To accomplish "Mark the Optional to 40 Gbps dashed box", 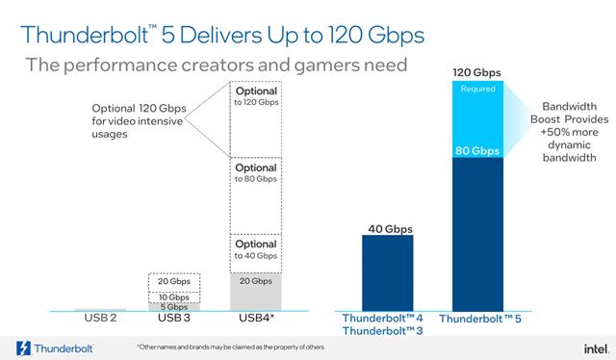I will (x=255, y=249).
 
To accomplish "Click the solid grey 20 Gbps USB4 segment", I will (x=255, y=290).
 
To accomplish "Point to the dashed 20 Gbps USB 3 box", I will (x=173, y=282).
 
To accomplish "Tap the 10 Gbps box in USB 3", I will (x=173, y=296).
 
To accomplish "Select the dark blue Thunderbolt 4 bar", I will (x=388, y=274).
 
